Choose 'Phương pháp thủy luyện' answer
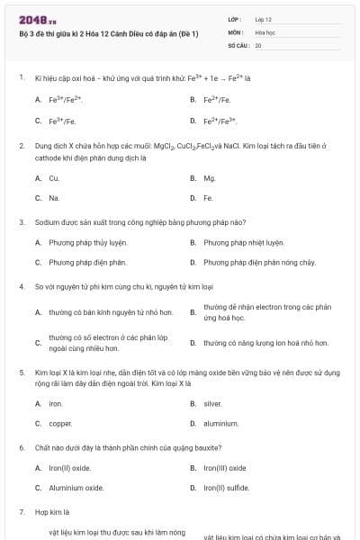point(87,242)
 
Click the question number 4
point(20,286)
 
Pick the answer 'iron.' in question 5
point(55,403)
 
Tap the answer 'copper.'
point(59,423)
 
